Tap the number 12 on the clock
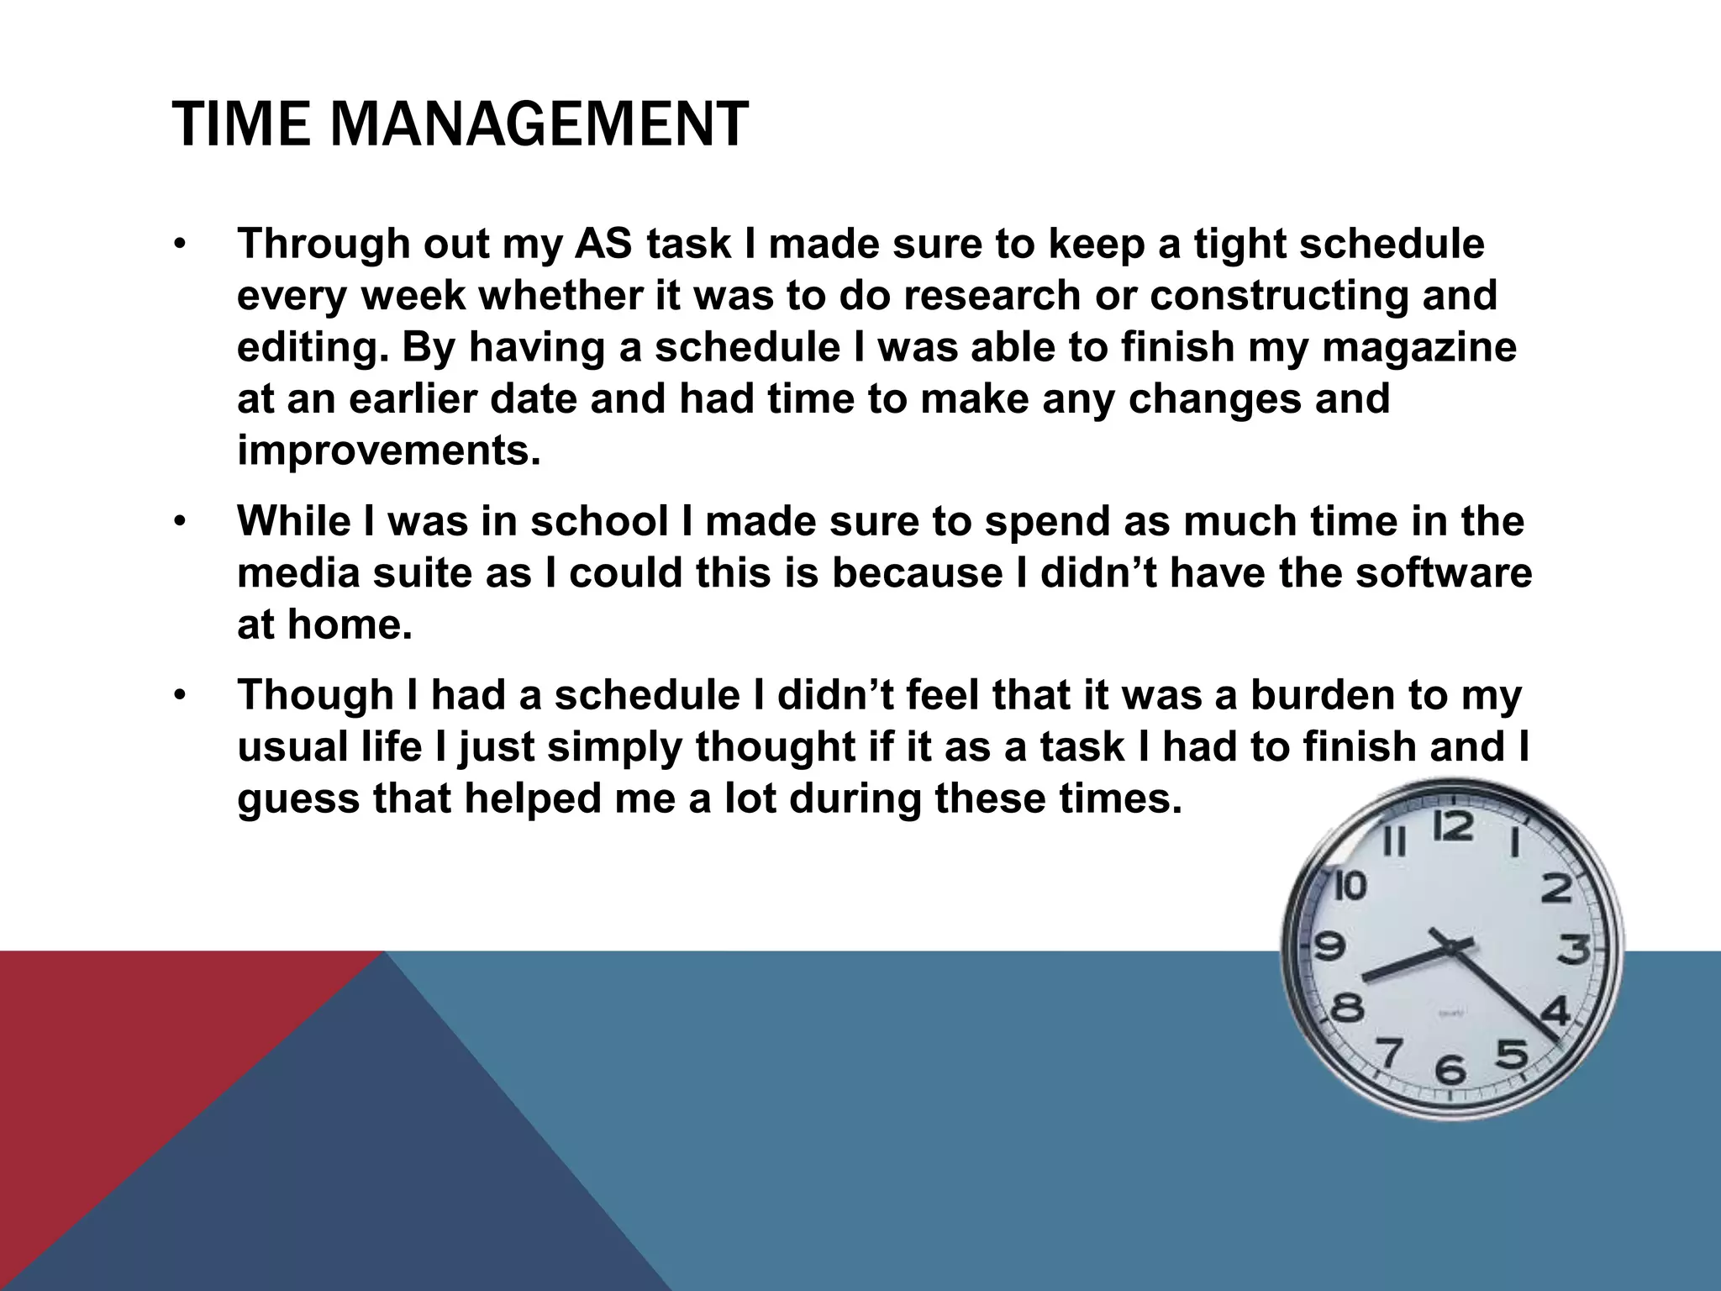1453,826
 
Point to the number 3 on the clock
1574,950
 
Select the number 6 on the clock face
1450,1070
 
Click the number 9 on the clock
1329,947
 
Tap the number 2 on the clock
1556,888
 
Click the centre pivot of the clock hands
1450,947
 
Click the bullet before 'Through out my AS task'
178,245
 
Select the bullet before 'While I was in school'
178,522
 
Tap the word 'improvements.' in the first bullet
389,451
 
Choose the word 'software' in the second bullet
1444,573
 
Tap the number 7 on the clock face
1389,1052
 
